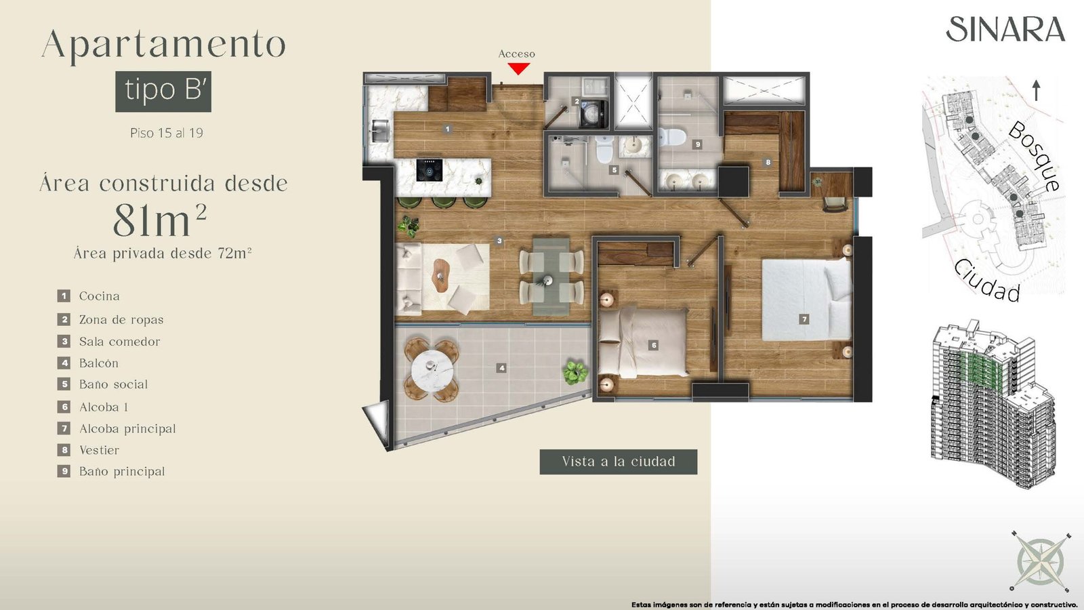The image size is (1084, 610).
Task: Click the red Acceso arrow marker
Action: click(518, 69)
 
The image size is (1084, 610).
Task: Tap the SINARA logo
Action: click(1005, 29)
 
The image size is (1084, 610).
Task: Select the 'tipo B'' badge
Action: click(163, 91)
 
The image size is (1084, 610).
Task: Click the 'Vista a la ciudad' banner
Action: click(619, 462)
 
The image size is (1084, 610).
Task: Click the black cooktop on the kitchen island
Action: click(430, 170)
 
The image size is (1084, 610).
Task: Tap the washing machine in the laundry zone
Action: click(593, 114)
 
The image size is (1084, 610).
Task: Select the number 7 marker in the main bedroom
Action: click(804, 319)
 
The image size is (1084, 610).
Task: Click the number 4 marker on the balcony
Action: click(502, 368)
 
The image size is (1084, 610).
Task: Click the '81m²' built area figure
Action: click(160, 220)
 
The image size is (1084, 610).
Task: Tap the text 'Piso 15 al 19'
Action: click(167, 133)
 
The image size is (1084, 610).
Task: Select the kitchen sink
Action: click(379, 131)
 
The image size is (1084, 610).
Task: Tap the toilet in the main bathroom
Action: click(671, 136)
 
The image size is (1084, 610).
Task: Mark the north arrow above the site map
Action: click(1037, 91)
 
